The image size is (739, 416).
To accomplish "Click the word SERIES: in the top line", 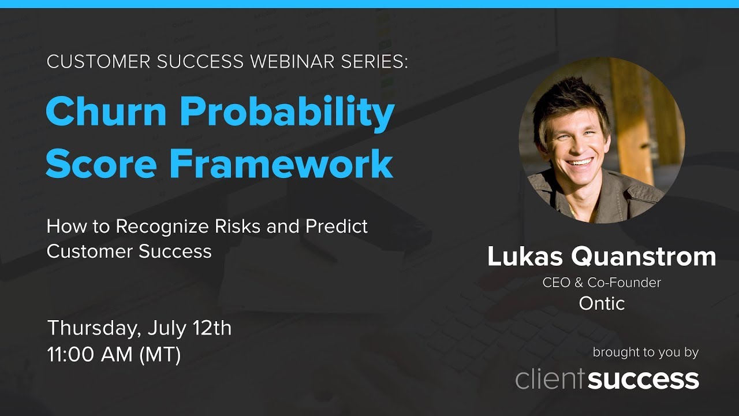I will tap(369, 62).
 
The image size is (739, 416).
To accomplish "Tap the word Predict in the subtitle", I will tap(337, 226).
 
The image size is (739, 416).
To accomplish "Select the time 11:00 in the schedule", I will tap(71, 355).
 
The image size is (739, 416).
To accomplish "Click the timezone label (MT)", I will tap(160, 355).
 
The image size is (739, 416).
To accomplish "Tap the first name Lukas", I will tap(521, 257).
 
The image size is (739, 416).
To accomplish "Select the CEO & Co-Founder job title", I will tap(602, 283).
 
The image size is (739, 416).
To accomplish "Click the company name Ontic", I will tap(602, 303).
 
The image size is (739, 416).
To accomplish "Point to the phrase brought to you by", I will tap(645, 352).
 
